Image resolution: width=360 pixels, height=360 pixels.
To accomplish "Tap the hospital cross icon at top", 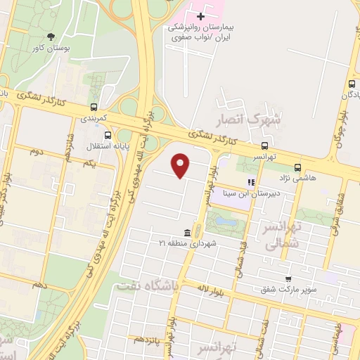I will click(x=202, y=15).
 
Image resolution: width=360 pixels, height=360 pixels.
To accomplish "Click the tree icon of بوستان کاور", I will click(x=51, y=37).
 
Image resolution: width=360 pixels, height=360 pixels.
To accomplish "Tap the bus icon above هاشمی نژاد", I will click(x=298, y=167).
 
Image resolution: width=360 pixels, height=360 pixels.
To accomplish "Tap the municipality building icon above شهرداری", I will click(x=187, y=233).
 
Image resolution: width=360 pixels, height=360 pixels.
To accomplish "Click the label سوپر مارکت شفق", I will click(x=289, y=289).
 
